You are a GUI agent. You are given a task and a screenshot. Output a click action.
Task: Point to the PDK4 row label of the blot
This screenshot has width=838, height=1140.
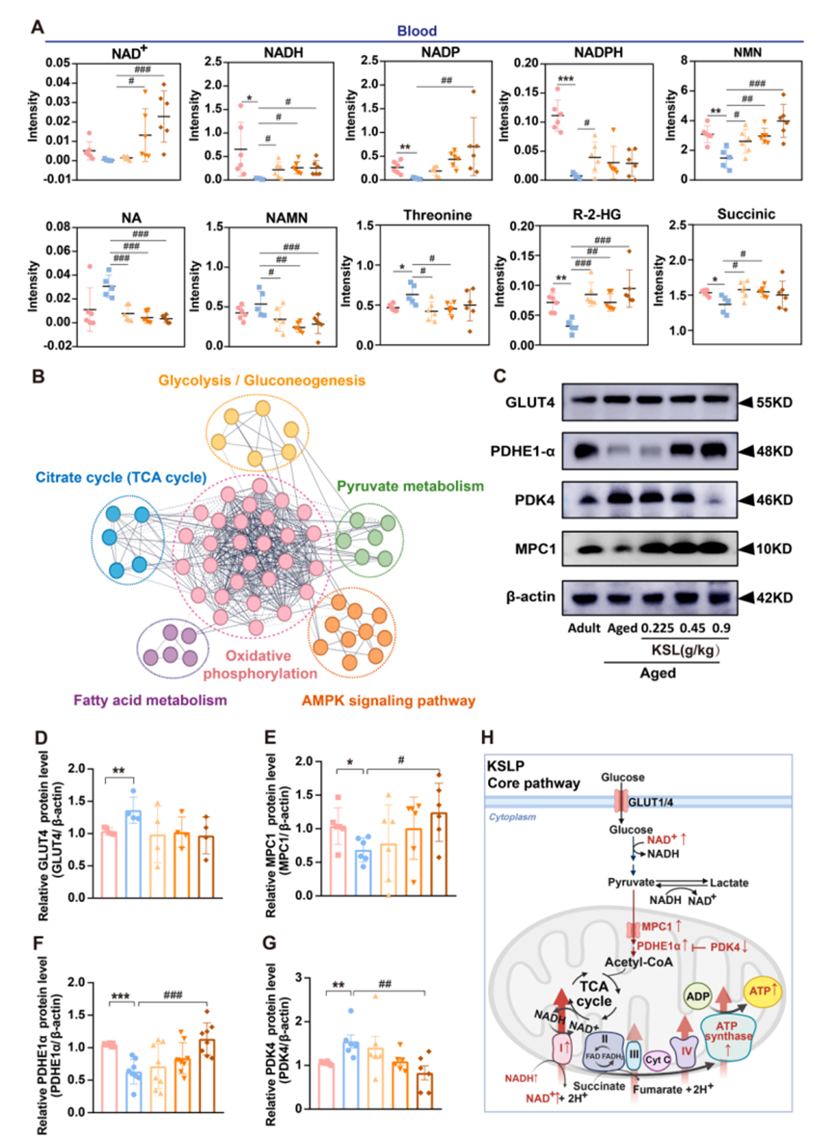click(519, 498)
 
